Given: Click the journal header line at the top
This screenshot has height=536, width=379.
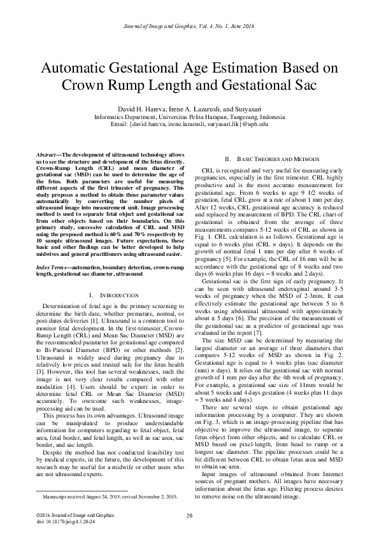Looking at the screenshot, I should tap(189, 25).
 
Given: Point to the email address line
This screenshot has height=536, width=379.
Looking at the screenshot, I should tap(189, 125).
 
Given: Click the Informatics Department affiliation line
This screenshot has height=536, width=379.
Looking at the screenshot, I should tap(189, 117).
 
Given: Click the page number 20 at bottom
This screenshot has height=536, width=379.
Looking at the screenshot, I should tap(189, 515).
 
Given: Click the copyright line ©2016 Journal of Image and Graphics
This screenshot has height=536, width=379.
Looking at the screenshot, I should tap(71, 514).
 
